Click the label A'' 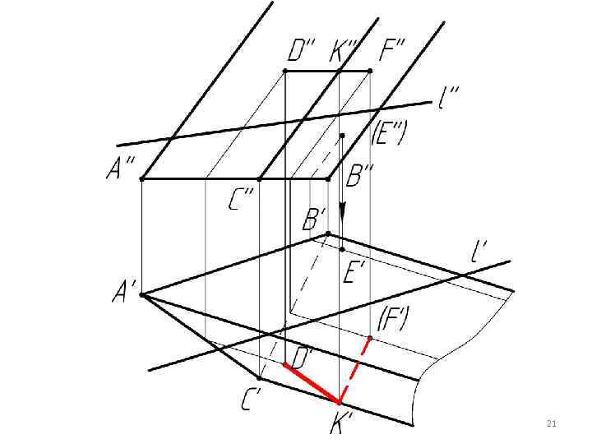point(122,169)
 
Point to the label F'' point(391,52)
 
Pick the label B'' point(360,175)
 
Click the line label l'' point(449,100)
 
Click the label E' point(354,271)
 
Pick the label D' point(303,358)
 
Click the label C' point(252,400)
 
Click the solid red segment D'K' point(312,383)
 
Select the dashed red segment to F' point(355,369)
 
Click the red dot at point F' point(370,338)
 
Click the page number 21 point(551,424)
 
